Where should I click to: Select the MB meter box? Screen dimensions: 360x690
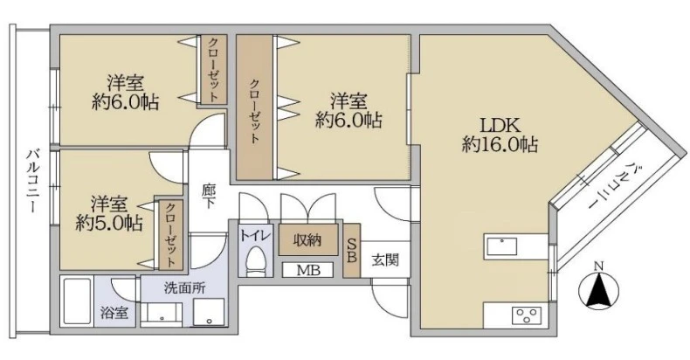click(307, 270)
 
